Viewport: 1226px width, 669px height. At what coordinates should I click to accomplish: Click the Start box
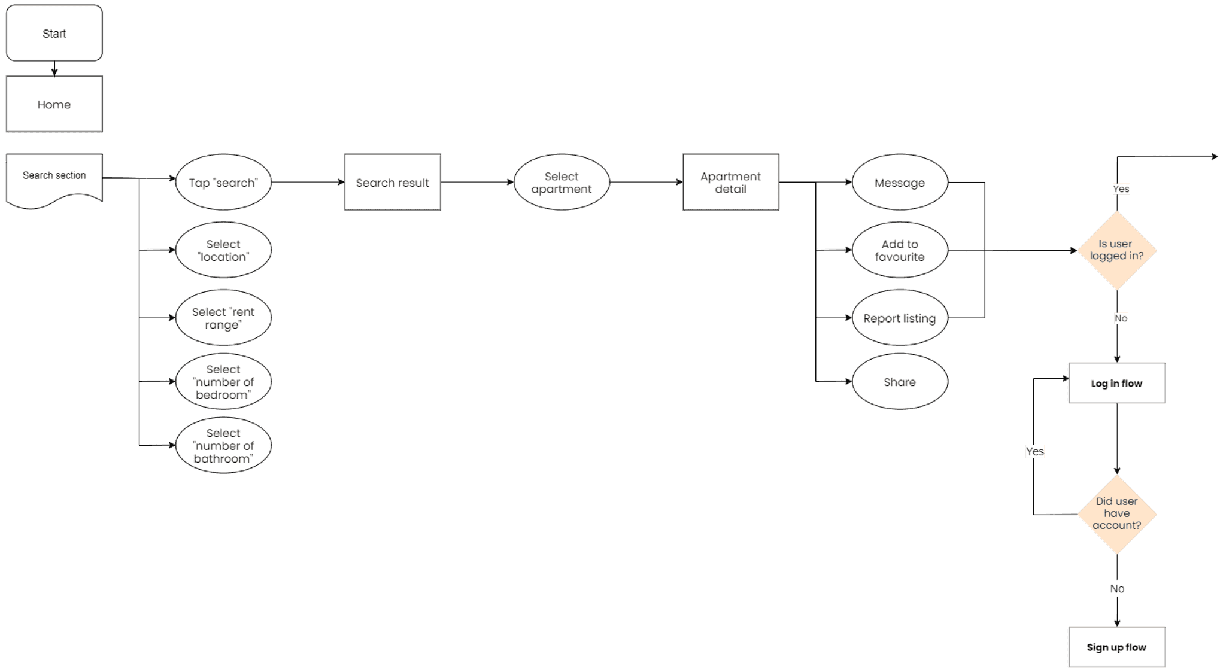pyautogui.click(x=54, y=34)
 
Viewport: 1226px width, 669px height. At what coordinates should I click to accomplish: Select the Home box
pyautogui.click(x=54, y=104)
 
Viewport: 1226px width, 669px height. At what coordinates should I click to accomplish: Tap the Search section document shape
pyautogui.click(x=54, y=178)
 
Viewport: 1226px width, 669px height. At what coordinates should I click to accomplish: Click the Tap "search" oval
pyautogui.click(x=223, y=183)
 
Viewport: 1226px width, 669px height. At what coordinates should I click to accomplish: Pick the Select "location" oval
pyautogui.click(x=223, y=250)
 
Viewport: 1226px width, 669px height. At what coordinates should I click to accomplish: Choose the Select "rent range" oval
pyautogui.click(x=223, y=318)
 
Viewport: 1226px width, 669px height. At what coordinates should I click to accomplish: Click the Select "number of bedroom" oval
pyautogui.click(x=223, y=382)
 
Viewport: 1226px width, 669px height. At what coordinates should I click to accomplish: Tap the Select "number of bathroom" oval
pyautogui.click(x=223, y=445)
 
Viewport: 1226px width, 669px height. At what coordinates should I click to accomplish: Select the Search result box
pyautogui.click(x=393, y=183)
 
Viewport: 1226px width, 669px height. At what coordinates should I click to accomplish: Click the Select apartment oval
pyautogui.click(x=562, y=183)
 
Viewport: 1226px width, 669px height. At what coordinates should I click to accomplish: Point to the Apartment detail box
pyautogui.click(x=731, y=183)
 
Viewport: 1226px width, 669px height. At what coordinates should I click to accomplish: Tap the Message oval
pyautogui.click(x=900, y=183)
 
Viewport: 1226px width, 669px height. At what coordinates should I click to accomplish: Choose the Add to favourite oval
pyautogui.click(x=900, y=250)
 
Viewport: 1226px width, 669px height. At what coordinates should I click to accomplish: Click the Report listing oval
pyautogui.click(x=900, y=318)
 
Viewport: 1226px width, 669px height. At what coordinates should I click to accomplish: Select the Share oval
pyautogui.click(x=900, y=382)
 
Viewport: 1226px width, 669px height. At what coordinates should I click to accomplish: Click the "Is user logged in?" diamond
pyautogui.click(x=1117, y=250)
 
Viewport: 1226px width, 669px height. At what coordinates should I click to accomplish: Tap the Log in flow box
pyautogui.click(x=1117, y=383)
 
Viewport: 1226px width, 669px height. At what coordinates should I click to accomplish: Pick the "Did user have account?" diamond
pyautogui.click(x=1117, y=514)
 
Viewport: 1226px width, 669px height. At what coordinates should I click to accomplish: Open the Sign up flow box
pyautogui.click(x=1117, y=647)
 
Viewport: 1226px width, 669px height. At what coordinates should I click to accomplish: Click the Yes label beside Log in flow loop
pyautogui.click(x=1034, y=451)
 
